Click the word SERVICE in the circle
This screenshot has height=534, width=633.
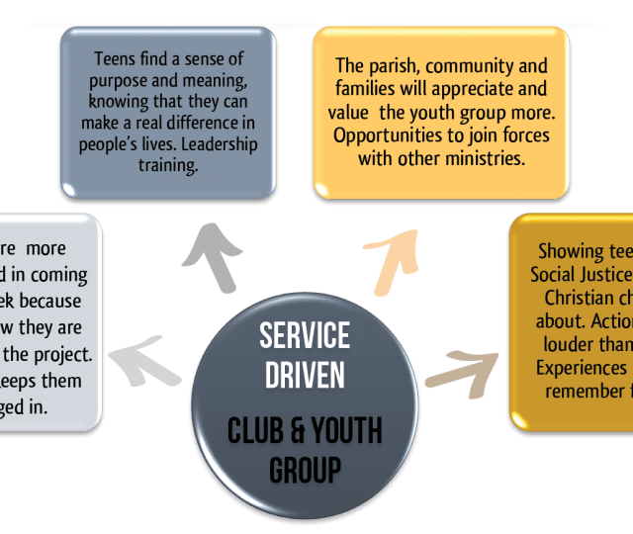(305, 335)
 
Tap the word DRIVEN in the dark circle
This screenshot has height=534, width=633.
(305, 376)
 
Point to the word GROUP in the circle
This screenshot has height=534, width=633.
(305, 470)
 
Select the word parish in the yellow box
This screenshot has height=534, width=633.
(392, 67)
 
